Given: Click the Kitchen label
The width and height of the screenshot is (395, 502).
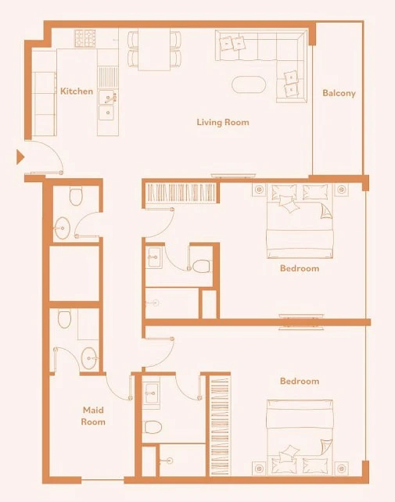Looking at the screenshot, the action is coord(76,91).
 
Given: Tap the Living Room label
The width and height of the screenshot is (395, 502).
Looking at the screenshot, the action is coord(223,122).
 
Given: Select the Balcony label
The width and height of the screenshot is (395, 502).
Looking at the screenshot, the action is coord(339,93).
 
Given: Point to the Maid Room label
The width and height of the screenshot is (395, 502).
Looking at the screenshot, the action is coord(93,416).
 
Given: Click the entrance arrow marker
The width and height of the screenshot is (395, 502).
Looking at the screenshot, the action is coord(20,157).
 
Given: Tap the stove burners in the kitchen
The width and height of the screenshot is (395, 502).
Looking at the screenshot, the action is coord(85,38).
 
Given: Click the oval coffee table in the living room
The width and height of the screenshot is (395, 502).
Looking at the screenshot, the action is coord(249,85).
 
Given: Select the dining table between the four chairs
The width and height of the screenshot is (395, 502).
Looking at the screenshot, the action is coord(154,49).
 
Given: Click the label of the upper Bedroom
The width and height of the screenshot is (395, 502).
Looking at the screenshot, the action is coord(299,268).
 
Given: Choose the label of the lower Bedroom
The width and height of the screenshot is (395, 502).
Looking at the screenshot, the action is coord(299,381).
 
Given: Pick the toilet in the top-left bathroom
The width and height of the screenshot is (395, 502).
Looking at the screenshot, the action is coord(76,196).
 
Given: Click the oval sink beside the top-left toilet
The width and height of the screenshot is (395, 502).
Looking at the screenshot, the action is coord(62,228).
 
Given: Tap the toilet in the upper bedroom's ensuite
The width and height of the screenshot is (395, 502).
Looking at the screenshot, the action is coord(201,266).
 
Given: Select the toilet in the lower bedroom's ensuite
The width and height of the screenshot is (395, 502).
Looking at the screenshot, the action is coord(152,427).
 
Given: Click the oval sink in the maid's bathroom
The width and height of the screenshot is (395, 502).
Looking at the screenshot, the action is coord(89,358).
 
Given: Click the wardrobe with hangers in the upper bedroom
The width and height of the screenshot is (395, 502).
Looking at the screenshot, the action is coord(181,192).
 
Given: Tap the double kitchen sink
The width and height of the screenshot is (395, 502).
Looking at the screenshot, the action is coord(107,105).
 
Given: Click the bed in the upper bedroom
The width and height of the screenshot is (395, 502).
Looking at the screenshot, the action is coord(300,221).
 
